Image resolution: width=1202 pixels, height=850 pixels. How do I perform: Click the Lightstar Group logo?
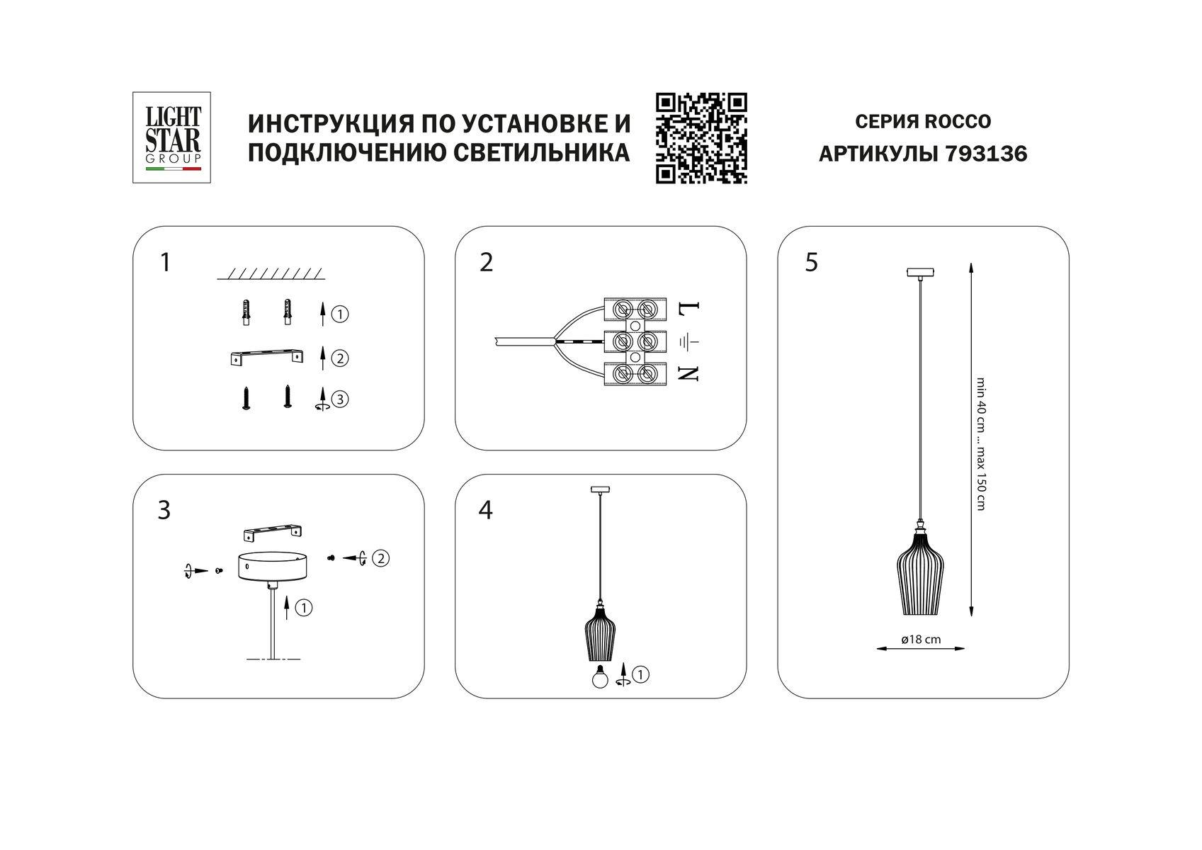[x=171, y=137]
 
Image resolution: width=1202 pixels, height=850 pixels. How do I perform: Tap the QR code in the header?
[x=701, y=138]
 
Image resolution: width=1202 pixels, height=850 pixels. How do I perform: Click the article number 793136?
[x=985, y=154]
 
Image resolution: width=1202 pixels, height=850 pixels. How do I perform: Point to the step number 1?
[x=165, y=263]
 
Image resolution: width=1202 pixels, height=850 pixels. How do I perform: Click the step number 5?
[x=811, y=263]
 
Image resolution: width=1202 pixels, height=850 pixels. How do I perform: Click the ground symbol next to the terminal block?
[x=689, y=342]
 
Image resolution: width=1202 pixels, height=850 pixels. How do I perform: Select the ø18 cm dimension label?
[x=921, y=639]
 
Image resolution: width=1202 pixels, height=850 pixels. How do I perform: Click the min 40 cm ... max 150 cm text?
[x=981, y=444]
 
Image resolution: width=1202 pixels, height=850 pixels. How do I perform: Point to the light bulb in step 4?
[x=600, y=676]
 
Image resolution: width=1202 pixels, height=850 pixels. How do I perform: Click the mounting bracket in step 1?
[x=267, y=358]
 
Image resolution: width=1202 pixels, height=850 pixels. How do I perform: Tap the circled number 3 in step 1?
[x=340, y=399]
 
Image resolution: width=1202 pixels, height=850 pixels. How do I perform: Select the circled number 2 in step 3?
[x=380, y=559]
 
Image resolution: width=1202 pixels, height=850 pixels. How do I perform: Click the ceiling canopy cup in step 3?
[x=273, y=567]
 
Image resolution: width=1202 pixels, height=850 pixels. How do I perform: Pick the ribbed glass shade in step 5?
[x=920, y=573]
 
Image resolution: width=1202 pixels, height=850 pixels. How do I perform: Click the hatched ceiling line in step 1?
[x=271, y=273]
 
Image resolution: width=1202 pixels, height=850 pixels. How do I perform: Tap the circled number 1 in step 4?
[x=640, y=674]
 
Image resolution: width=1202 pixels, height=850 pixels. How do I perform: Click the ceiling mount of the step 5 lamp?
[x=920, y=273]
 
